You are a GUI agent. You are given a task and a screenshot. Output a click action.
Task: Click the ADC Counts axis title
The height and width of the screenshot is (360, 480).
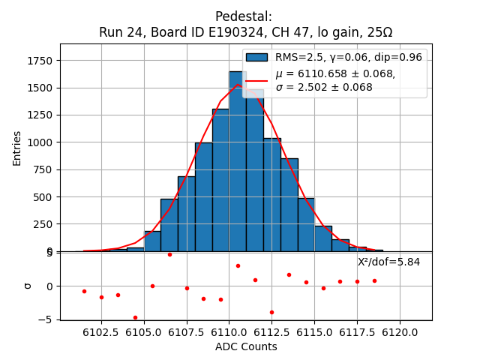pos(246,346)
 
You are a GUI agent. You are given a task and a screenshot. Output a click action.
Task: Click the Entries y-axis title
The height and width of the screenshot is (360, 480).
pos(17,148)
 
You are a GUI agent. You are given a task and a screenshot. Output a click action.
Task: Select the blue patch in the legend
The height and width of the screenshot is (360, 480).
pos(256,58)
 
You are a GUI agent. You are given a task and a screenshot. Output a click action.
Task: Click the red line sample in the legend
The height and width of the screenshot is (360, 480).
pos(256,80)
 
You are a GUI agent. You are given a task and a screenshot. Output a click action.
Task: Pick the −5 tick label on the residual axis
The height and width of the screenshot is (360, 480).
pos(46,319)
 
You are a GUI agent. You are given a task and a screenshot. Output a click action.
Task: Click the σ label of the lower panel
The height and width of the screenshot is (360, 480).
pos(28,286)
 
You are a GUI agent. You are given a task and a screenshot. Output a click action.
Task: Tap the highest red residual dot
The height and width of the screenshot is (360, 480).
pos(169,254)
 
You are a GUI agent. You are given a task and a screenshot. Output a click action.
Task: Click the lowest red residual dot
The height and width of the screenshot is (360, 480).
pos(135,317)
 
